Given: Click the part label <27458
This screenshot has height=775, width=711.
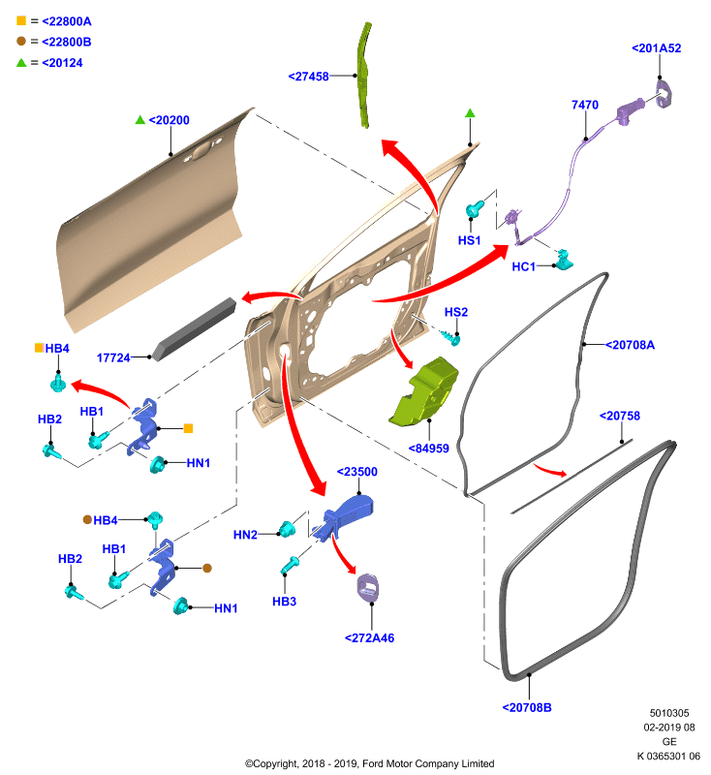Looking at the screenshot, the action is tap(308, 77).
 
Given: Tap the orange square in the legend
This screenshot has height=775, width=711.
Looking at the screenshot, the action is tap(21, 20).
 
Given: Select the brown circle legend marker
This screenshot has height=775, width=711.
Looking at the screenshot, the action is tap(21, 42).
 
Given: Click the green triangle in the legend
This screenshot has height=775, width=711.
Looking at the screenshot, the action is tap(21, 63).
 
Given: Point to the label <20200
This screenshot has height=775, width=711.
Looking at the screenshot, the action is tap(169, 120).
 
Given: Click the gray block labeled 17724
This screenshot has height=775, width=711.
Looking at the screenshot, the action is tap(194, 329).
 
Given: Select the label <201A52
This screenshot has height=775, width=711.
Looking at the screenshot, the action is tap(656, 47).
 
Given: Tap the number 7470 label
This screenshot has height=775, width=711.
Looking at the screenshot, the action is tap(585, 105).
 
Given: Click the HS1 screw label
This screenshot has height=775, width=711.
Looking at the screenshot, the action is tap(470, 240).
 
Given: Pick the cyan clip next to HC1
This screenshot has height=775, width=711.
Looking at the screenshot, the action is tap(563, 261).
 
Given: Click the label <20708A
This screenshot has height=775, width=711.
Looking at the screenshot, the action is tap(630, 345).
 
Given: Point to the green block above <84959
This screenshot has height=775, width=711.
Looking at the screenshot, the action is tap(423, 391).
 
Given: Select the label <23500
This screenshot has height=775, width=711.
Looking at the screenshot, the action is tap(356, 472).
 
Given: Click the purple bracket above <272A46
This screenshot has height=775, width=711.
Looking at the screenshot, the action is tap(368, 588).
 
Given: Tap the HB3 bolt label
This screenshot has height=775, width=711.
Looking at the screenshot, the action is tap(284, 602).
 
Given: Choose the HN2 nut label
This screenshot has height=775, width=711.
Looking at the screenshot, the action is tap(245, 535).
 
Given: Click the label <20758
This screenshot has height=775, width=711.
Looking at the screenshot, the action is tap(620, 416).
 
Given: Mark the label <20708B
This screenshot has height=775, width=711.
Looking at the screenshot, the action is tap(527, 707).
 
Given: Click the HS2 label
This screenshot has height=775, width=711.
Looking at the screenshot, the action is tap(456, 312).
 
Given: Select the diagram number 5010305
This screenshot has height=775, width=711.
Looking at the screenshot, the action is tap(669, 713).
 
